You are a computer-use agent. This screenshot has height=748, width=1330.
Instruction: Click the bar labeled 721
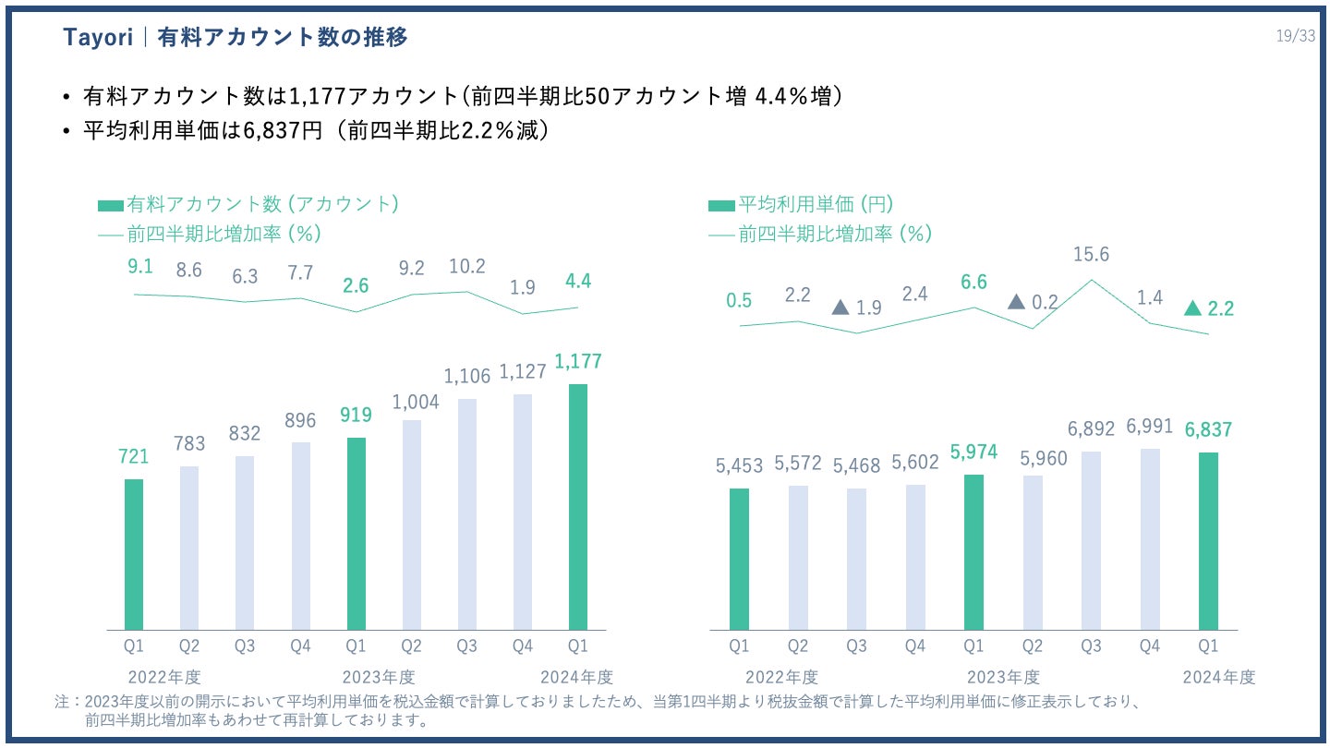coord(134,554)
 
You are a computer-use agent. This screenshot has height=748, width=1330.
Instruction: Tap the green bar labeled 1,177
coord(578,507)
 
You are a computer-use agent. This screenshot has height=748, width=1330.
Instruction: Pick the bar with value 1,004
coord(411,525)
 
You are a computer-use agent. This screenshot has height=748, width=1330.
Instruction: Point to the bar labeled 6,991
coord(1149,539)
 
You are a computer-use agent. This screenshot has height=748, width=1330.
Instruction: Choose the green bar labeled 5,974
coord(973,552)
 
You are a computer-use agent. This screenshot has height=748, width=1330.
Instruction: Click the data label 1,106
coord(467,376)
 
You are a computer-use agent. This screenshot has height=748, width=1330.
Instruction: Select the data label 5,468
coord(856,466)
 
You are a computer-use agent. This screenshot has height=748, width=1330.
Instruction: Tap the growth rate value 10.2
coord(466,267)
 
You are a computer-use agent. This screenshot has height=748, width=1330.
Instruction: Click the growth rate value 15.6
coord(1091,254)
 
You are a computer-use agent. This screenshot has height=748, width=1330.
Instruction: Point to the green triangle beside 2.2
coord(1192,308)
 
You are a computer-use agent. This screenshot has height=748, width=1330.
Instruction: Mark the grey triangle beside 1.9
coord(840,307)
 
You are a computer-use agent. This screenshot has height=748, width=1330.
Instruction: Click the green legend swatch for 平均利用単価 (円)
coord(721,205)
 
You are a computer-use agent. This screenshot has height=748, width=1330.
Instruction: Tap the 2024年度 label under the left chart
coord(578,676)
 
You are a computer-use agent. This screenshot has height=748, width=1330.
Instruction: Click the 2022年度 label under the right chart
coord(781,676)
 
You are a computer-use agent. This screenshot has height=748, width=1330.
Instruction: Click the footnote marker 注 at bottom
coord(63,703)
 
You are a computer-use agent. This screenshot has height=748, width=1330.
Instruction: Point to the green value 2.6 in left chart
coord(356,286)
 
